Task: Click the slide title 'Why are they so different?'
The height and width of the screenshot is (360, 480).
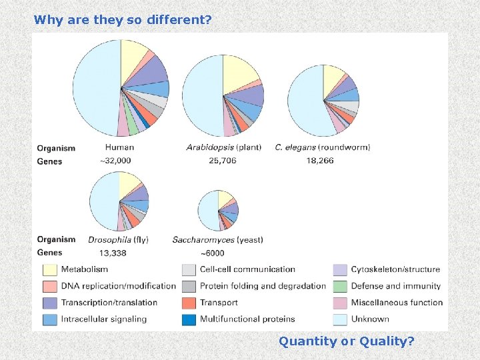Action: (123, 20)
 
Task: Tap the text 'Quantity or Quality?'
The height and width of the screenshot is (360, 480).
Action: (346, 341)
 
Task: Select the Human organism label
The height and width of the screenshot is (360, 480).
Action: (119, 147)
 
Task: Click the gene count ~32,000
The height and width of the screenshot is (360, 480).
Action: (115, 161)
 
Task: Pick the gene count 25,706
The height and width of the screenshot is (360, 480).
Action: (223, 161)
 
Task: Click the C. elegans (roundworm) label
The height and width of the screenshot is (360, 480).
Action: (322, 147)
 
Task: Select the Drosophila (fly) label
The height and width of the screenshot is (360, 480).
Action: (118, 239)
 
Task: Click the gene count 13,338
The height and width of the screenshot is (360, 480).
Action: (114, 253)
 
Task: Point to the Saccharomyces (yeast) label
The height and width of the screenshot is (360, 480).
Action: (217, 239)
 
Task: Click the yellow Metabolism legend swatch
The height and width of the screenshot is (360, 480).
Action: (50, 270)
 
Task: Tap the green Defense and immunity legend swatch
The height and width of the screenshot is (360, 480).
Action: (340, 286)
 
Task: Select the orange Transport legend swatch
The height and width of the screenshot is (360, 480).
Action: (189, 303)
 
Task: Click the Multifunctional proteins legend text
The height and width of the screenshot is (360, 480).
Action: (247, 319)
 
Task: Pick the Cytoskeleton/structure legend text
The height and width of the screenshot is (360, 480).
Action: (395, 269)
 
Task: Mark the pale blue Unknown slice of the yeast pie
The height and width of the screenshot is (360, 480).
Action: (207, 210)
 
